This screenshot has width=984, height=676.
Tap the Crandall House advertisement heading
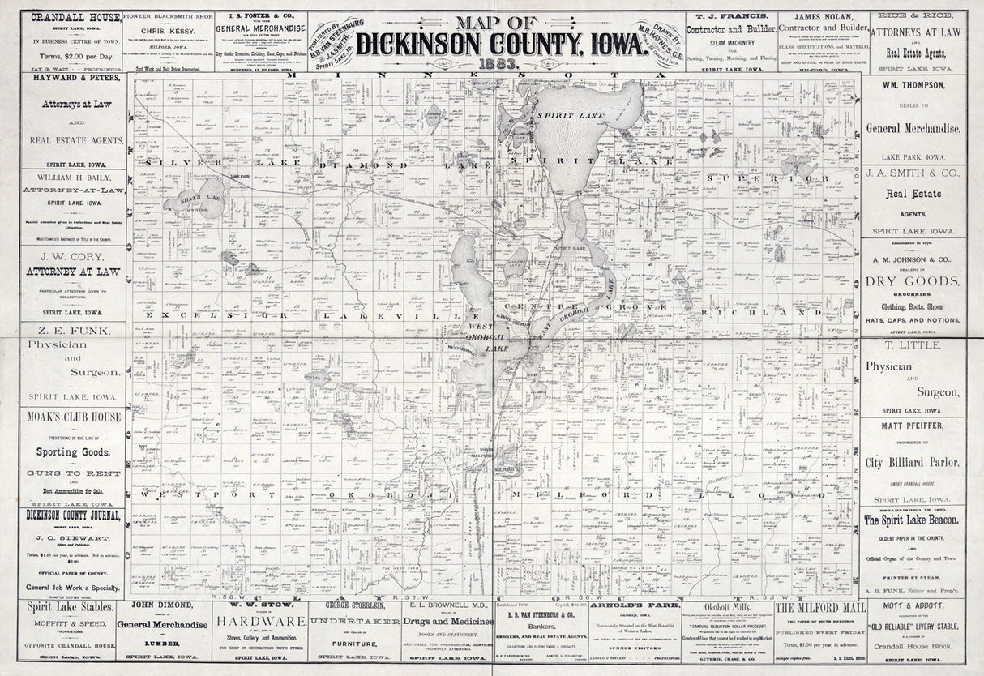[x=71, y=17]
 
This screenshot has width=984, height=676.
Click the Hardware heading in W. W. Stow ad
[x=259, y=621]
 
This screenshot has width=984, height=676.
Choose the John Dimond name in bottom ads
[x=163, y=605]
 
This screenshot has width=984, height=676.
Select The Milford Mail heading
[x=818, y=607]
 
